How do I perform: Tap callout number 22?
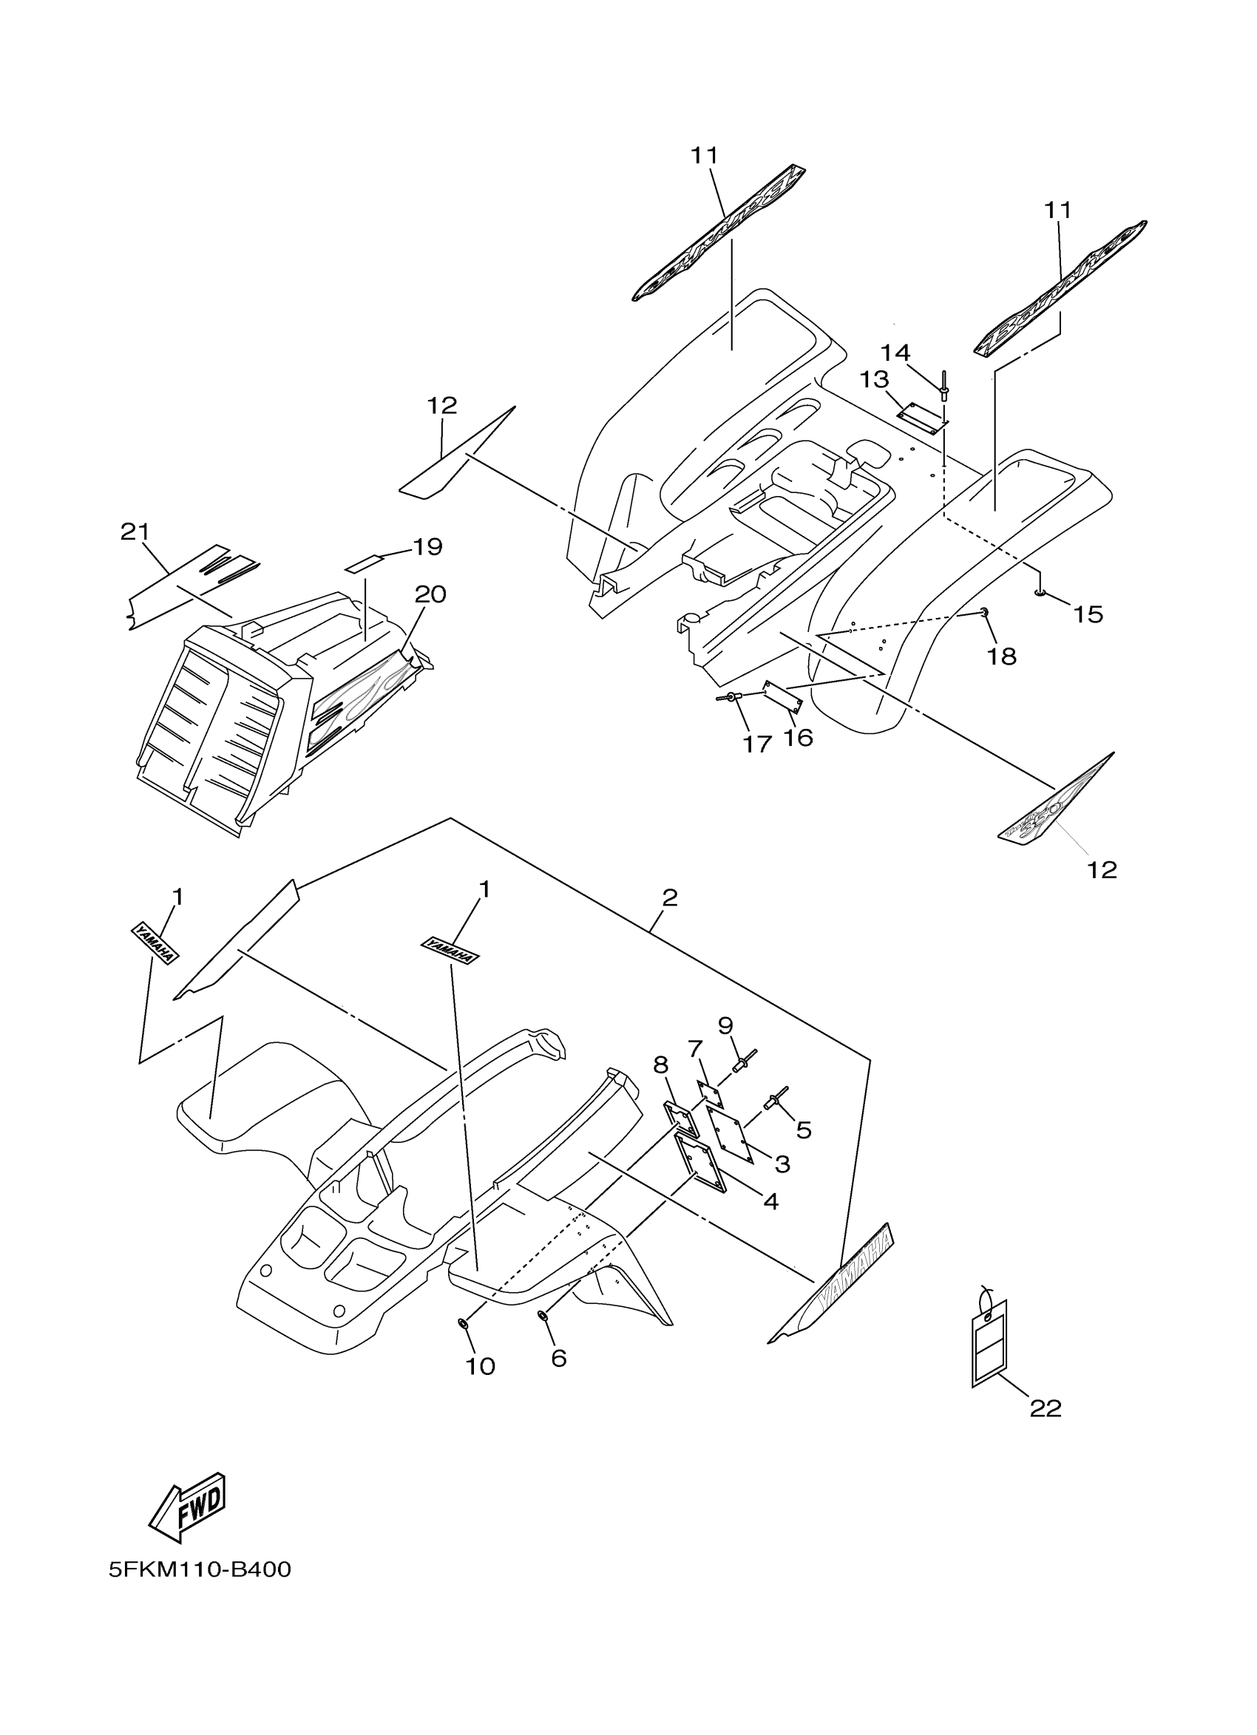pos(1046,1408)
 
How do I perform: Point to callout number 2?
pos(669,897)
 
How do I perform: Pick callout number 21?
pos(135,532)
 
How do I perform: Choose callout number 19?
pos(427,547)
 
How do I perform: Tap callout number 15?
pos(1088,614)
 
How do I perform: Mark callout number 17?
pos(756,744)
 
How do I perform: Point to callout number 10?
pos(481,1366)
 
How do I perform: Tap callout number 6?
pos(558,1359)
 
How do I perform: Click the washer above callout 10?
pos(464,1323)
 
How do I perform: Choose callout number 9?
pos(725,1026)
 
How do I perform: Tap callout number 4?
pos(770,1202)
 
